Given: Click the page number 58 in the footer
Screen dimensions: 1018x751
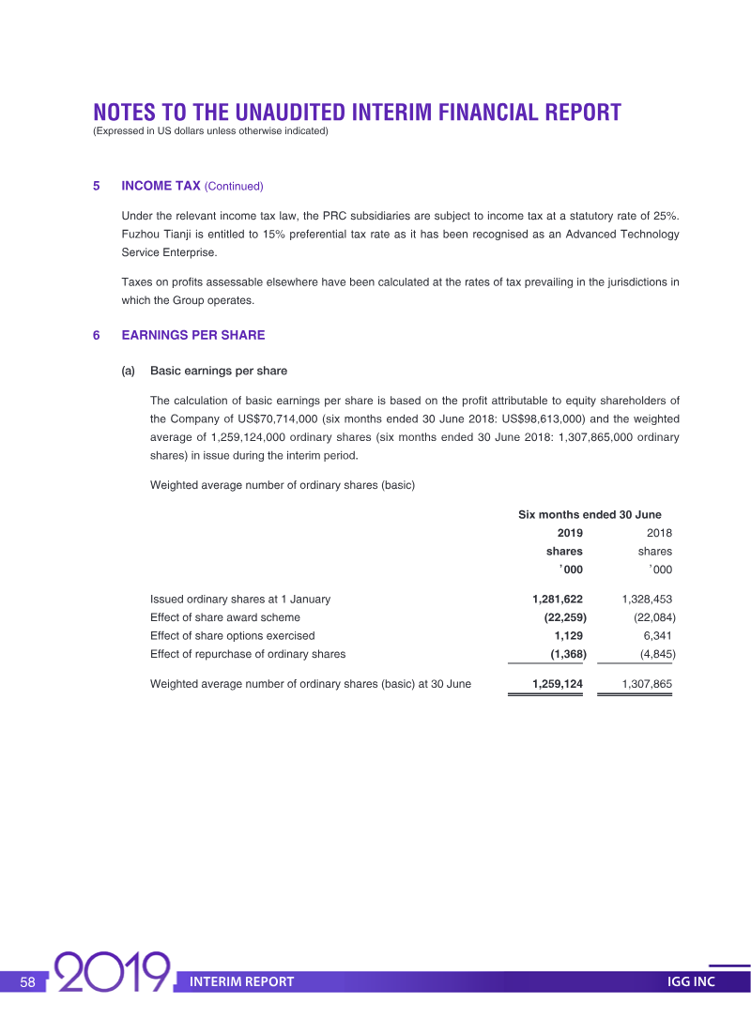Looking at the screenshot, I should click(27, 981).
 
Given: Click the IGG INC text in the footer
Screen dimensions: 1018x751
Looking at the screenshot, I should click(691, 981).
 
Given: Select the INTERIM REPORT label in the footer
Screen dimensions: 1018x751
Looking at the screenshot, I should click(241, 981).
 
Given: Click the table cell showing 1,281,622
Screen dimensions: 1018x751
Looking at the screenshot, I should click(557, 599).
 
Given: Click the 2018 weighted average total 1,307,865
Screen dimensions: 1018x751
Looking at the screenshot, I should click(647, 684).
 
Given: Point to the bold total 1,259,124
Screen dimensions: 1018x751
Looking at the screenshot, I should click(557, 684).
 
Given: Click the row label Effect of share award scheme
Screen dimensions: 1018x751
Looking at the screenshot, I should click(225, 617).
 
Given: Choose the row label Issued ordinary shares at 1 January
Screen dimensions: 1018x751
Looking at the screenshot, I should click(240, 599).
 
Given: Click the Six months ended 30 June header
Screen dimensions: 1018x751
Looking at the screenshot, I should click(590, 514).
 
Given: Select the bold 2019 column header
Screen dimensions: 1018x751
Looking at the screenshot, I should click(570, 533).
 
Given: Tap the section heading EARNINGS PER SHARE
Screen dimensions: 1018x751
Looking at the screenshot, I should click(193, 335).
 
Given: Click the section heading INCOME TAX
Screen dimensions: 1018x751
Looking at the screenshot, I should click(161, 186).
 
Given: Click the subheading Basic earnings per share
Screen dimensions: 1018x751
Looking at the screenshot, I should click(219, 371).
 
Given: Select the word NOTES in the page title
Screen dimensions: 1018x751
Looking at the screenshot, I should click(124, 113).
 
